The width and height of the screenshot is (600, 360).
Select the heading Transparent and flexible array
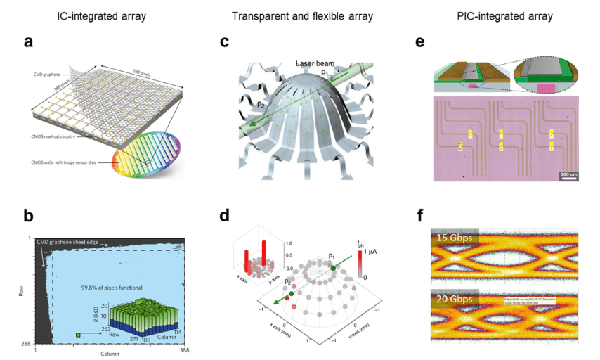coord(301,15)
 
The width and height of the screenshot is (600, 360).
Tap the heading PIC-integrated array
coord(510,15)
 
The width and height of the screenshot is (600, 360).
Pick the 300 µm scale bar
coord(568,176)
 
